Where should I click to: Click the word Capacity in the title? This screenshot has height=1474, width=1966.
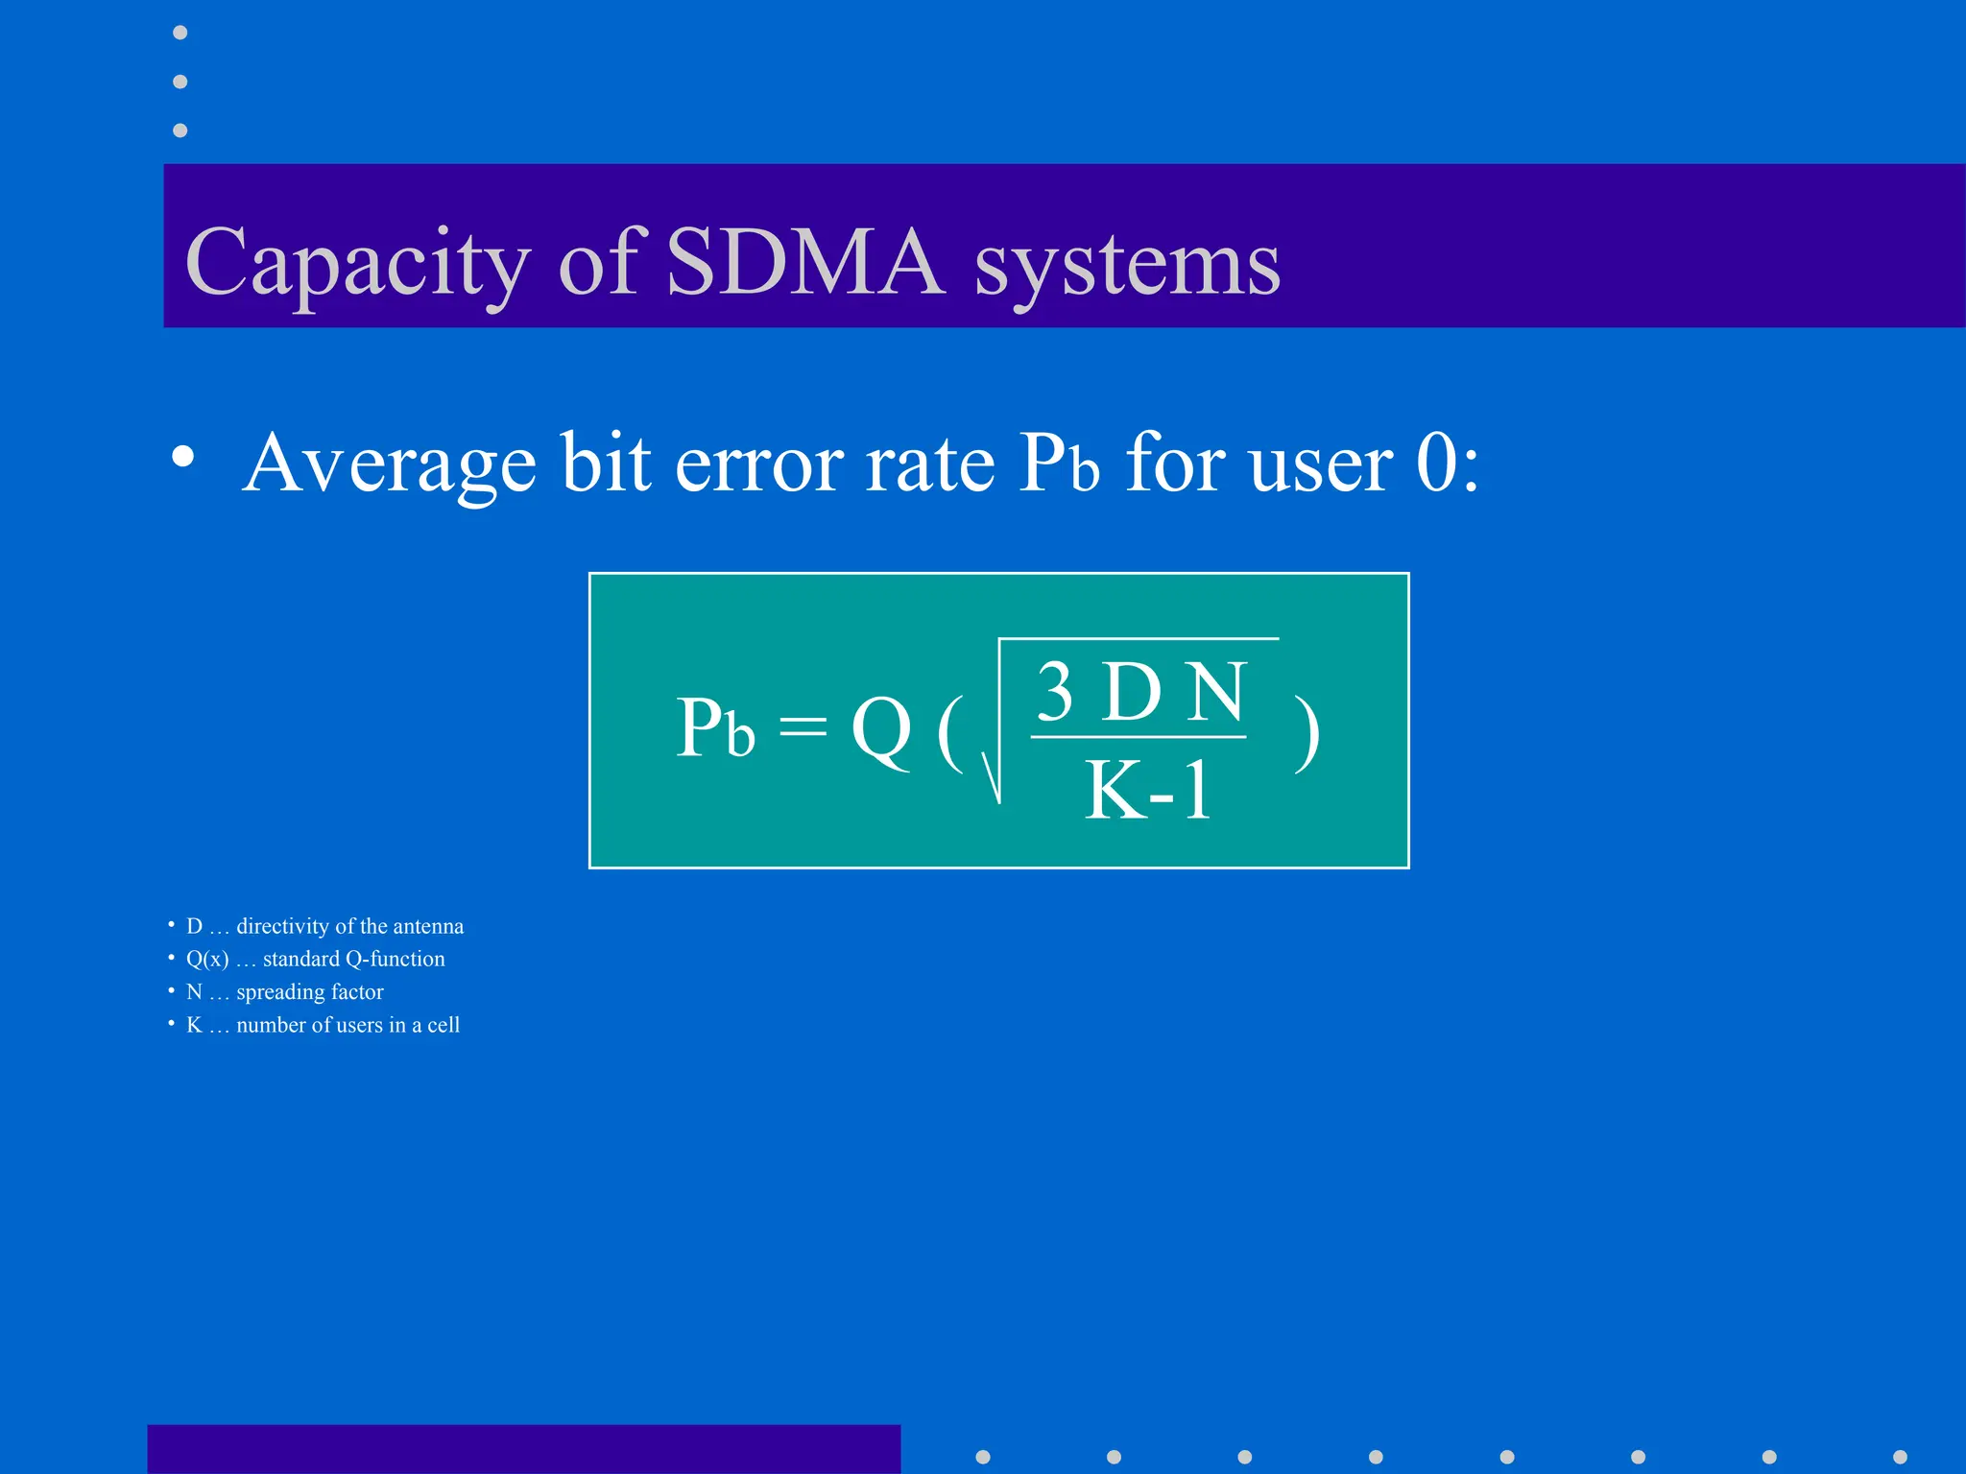(x=357, y=263)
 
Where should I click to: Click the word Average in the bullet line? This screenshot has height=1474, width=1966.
(x=389, y=464)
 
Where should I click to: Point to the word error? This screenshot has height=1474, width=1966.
(x=761, y=465)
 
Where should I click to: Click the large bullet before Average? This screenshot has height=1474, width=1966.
(x=182, y=457)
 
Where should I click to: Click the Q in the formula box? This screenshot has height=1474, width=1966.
(x=881, y=729)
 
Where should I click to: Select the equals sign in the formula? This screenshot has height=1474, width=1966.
(x=803, y=726)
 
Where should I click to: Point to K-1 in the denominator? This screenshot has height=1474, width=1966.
(x=1148, y=790)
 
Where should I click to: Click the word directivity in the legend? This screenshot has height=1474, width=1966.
(x=283, y=926)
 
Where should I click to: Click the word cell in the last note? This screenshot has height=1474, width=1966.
(x=444, y=1025)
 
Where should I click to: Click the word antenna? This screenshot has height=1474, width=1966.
(x=428, y=926)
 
